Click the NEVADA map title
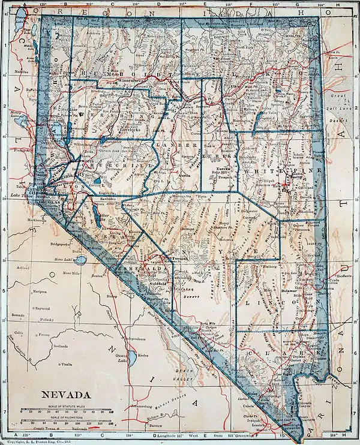click(x=65, y=395)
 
